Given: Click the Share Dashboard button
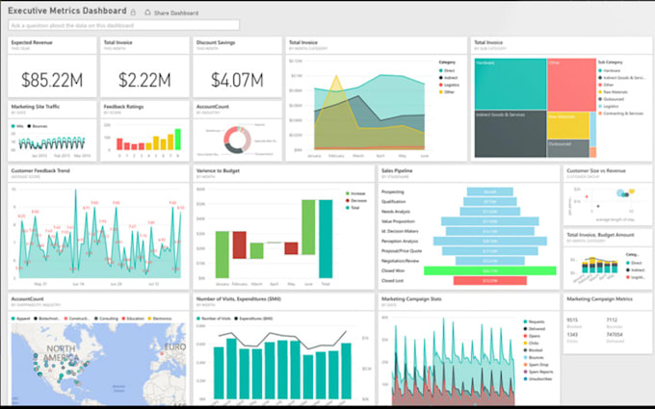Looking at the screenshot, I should (x=175, y=13).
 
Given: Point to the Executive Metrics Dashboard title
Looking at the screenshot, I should (x=66, y=12).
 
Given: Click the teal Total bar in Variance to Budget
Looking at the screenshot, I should (x=326, y=243).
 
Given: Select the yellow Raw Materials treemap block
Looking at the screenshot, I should (x=567, y=125).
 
